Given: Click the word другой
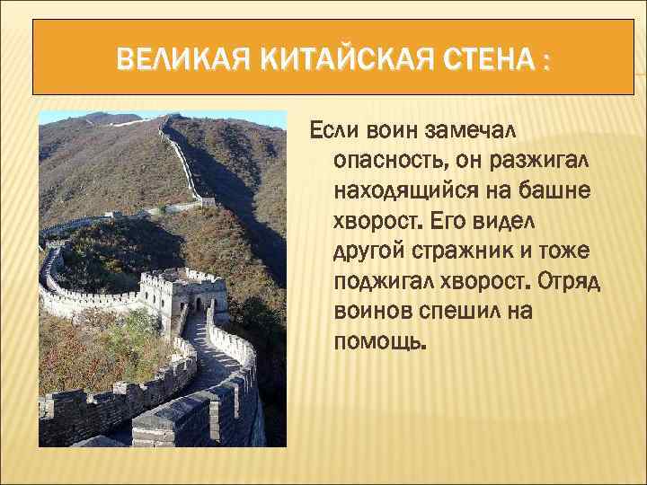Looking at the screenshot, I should pos(370,251).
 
